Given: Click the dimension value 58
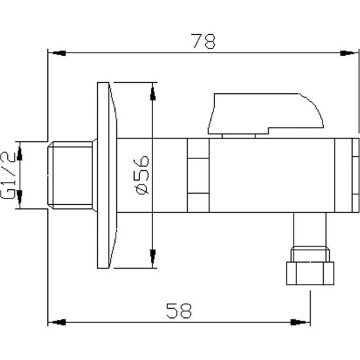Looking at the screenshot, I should click(x=177, y=310).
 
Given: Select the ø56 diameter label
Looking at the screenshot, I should click(x=143, y=175).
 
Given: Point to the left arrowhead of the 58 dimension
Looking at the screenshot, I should click(x=57, y=323).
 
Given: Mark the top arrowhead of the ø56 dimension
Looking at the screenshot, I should click(x=153, y=91).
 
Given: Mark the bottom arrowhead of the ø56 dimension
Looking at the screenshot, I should click(x=153, y=259).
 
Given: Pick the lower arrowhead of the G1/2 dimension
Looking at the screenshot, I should click(x=19, y=199).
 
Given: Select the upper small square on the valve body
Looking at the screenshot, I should click(x=196, y=158).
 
